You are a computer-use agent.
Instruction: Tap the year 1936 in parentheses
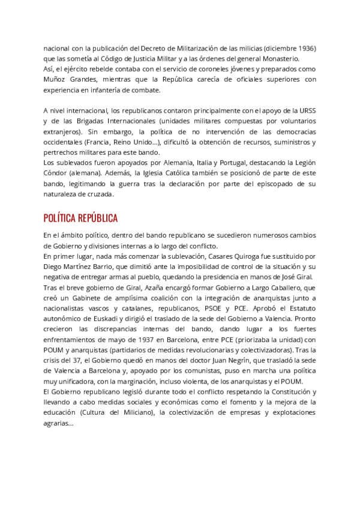click(x=306, y=48)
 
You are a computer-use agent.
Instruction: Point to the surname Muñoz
click(x=55, y=79)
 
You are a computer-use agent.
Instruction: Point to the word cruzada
click(x=100, y=194)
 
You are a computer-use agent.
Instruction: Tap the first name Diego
click(x=54, y=267)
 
